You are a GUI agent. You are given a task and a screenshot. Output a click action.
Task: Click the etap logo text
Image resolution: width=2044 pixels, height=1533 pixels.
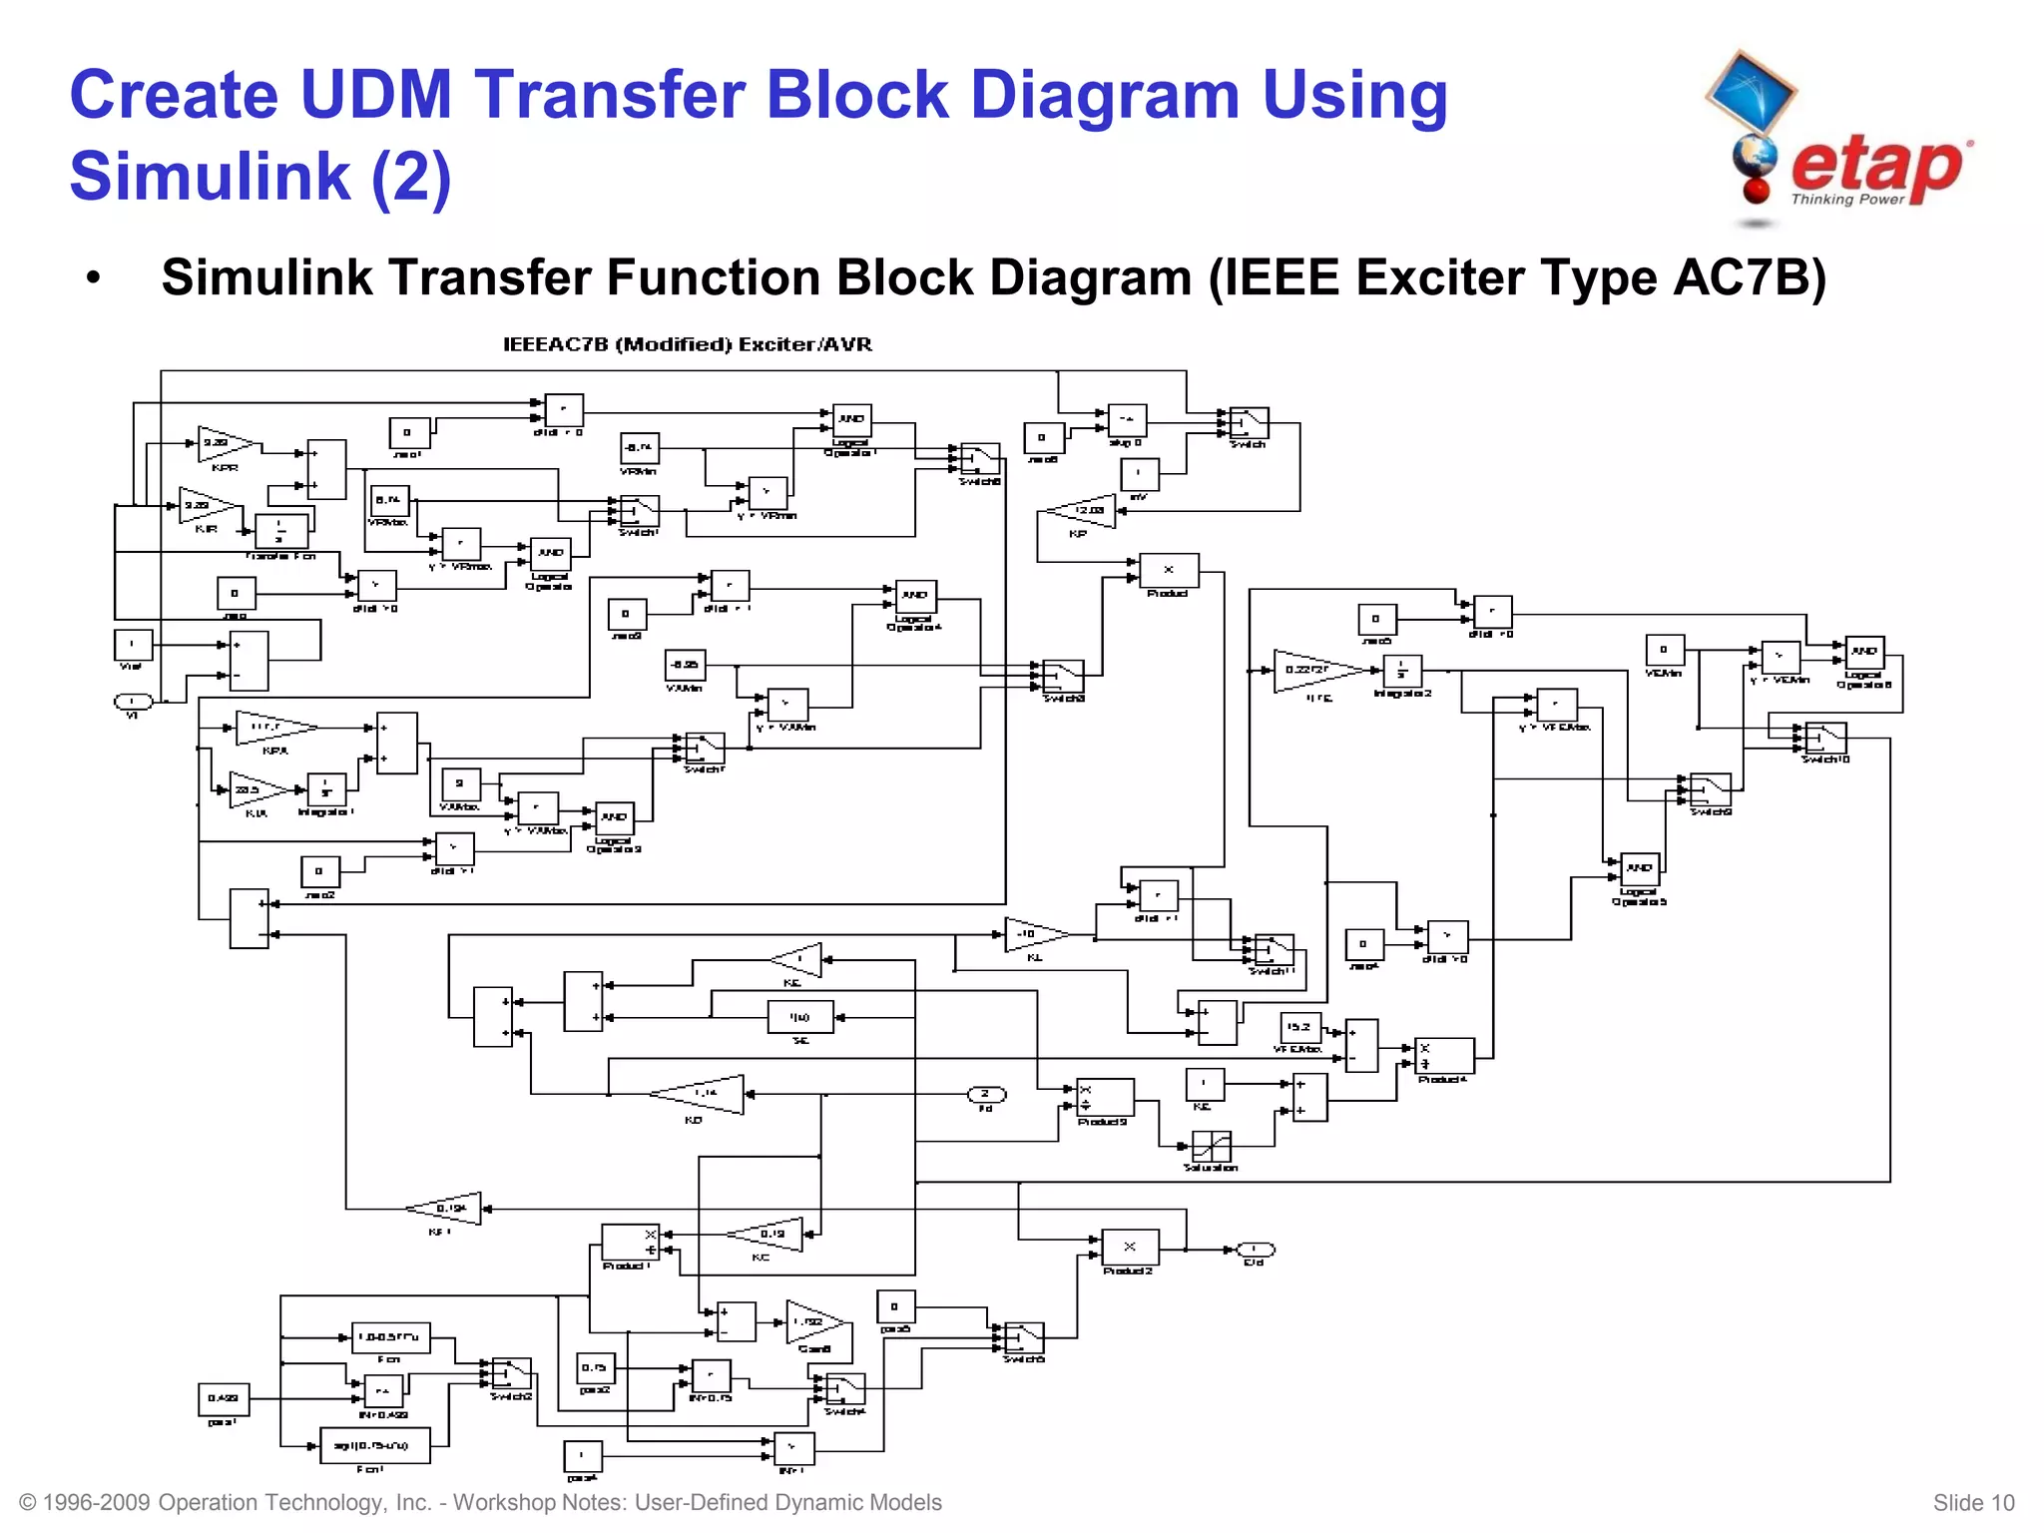[1876, 168]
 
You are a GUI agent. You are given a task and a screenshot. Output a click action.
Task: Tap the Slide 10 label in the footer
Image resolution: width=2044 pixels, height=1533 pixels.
[1973, 1503]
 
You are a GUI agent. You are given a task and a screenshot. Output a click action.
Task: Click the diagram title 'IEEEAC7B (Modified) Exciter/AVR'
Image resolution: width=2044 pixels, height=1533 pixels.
[687, 344]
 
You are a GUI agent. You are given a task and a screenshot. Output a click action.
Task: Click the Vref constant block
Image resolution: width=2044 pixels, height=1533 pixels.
[133, 645]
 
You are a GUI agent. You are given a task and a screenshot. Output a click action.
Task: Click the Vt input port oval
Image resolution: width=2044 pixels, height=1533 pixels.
[133, 702]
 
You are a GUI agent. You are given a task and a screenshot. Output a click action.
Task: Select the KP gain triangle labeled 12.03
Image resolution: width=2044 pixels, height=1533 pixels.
[1082, 511]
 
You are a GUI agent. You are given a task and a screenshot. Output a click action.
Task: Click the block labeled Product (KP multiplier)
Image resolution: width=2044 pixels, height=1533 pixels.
[1169, 570]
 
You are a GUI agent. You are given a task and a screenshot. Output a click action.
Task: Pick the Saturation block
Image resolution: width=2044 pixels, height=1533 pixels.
[1211, 1146]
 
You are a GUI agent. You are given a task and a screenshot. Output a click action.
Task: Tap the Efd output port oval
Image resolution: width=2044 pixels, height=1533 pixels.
[1255, 1250]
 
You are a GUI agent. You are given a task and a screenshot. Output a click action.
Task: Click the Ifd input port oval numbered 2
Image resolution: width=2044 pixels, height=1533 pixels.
[986, 1095]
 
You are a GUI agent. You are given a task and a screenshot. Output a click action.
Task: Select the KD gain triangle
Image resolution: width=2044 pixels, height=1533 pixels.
[703, 1094]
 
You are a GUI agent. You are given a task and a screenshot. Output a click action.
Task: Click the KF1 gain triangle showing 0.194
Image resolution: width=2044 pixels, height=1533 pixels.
[448, 1209]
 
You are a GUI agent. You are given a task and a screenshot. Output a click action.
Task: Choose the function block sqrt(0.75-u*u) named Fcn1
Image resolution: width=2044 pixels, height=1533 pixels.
[374, 1445]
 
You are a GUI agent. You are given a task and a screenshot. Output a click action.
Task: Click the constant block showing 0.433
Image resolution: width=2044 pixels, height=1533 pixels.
[223, 1399]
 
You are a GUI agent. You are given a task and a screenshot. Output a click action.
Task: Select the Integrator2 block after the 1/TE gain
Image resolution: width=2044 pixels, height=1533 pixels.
[1402, 671]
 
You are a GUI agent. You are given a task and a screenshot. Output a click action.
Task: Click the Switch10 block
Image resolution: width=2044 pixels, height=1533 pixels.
[1825, 738]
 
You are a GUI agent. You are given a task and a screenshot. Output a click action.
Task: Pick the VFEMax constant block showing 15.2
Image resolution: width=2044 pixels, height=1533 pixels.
[1299, 1027]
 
